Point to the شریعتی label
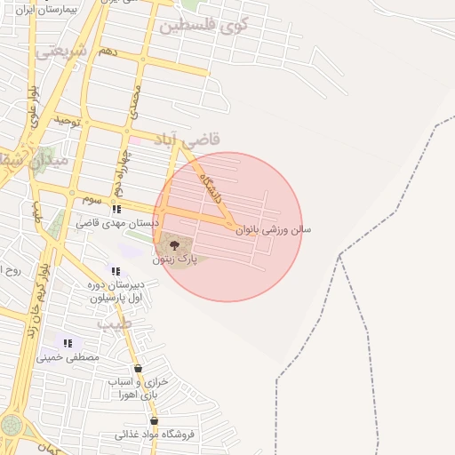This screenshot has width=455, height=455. [x=62, y=52]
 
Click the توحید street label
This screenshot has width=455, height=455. [x=68, y=119]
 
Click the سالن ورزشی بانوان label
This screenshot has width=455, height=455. [x=274, y=228]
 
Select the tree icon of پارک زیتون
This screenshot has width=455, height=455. [x=173, y=244]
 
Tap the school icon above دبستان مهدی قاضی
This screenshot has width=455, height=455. [x=116, y=210]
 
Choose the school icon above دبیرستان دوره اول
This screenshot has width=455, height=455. [x=115, y=271]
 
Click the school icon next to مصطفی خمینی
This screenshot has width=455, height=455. [x=68, y=342]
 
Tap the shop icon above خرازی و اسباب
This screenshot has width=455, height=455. [x=137, y=368]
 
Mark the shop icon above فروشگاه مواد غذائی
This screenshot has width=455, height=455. [x=154, y=421]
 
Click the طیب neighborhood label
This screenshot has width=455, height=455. [x=113, y=325]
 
